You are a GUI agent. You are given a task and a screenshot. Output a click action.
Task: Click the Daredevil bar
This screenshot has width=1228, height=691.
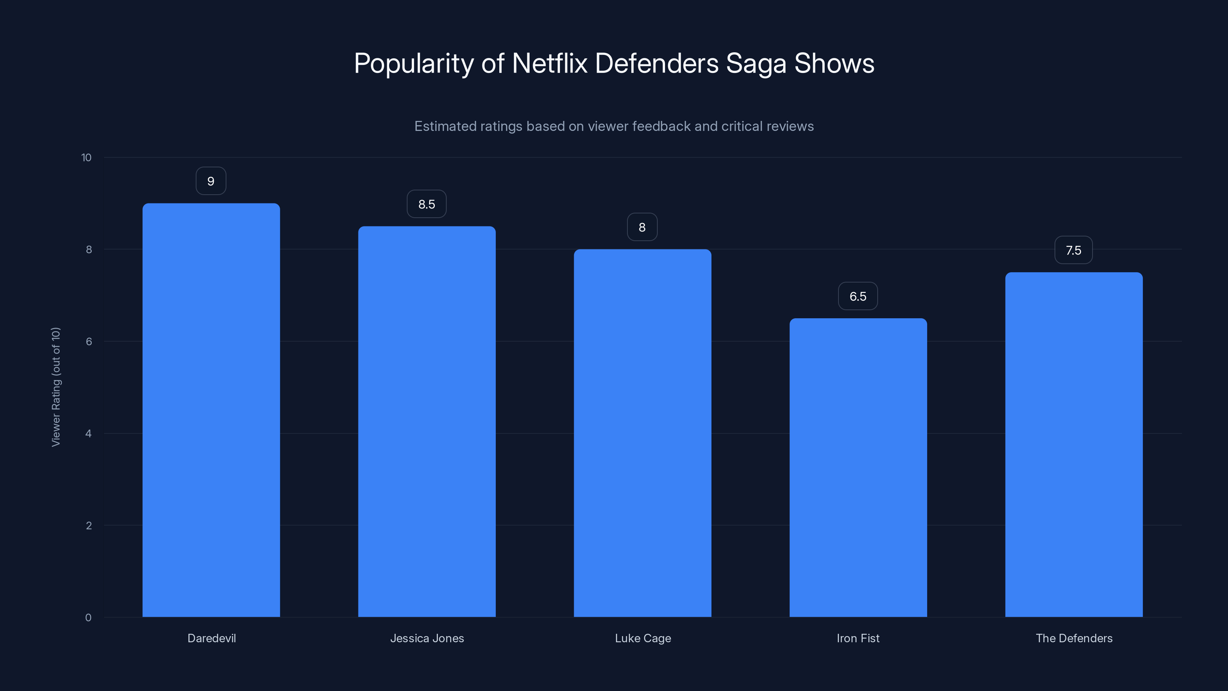(211, 410)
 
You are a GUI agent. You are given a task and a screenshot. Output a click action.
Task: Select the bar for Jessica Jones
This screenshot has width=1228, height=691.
(427, 422)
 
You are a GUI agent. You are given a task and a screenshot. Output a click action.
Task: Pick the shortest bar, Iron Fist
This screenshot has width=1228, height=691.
(858, 467)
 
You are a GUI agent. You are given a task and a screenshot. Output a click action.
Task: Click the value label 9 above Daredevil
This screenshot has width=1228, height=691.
(211, 181)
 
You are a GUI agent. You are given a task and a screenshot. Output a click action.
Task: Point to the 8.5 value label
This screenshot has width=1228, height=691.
(427, 204)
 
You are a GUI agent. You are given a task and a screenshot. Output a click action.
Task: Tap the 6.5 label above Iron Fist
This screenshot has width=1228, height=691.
(858, 296)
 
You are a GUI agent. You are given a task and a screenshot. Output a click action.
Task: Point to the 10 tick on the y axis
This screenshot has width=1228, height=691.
(86, 157)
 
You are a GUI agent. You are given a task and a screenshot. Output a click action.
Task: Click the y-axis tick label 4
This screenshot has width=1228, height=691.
(88, 433)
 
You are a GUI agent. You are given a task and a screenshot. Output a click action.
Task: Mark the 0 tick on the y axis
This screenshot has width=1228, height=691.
(88, 618)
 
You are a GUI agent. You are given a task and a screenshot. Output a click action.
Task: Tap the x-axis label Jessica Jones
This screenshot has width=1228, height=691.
(427, 638)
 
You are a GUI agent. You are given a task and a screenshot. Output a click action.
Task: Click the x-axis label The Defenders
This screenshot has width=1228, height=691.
(1074, 638)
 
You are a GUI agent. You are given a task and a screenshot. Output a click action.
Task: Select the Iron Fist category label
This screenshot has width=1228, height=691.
(858, 638)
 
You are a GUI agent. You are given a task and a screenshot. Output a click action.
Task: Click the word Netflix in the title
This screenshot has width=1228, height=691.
(549, 63)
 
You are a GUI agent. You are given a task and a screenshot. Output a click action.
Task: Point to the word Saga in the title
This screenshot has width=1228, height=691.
(756, 63)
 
